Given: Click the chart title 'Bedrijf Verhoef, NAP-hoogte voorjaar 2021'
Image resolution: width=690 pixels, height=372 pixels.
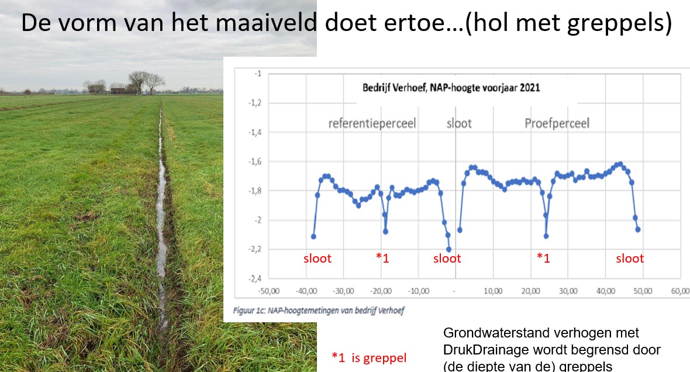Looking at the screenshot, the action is pyautogui.click(x=451, y=87).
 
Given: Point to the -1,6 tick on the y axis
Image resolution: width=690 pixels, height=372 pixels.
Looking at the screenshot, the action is pyautogui.click(x=255, y=161).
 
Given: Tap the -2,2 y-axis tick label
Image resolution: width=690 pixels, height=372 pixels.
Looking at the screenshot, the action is pyautogui.click(x=255, y=249).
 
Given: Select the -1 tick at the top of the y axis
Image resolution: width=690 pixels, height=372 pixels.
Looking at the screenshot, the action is pyautogui.click(x=258, y=74).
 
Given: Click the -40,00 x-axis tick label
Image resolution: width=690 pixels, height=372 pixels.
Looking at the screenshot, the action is pyautogui.click(x=306, y=291).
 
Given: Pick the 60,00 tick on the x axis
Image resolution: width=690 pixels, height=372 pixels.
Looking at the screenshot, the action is pyautogui.click(x=680, y=291).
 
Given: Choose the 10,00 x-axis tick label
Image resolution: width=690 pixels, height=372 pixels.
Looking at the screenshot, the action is pyautogui.click(x=493, y=291).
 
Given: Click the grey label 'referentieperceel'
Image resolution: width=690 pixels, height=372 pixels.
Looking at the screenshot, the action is pyautogui.click(x=372, y=123).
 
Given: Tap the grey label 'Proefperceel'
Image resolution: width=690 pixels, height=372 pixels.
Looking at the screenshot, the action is pyautogui.click(x=557, y=123).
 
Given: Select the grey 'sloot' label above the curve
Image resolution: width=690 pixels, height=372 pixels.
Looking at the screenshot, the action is pyautogui.click(x=459, y=123).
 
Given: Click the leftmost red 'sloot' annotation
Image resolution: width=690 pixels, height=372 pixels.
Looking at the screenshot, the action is pyautogui.click(x=318, y=259).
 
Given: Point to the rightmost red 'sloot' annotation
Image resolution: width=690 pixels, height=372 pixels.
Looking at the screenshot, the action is pyautogui.click(x=630, y=259).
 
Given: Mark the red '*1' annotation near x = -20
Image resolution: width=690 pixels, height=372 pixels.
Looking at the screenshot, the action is pyautogui.click(x=382, y=257).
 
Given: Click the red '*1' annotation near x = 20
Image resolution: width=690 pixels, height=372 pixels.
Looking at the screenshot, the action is pyautogui.click(x=543, y=257).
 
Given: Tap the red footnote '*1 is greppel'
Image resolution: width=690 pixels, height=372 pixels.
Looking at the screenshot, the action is pyautogui.click(x=369, y=357).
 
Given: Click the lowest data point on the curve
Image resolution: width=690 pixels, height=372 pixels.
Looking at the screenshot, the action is pyautogui.click(x=448, y=250).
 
